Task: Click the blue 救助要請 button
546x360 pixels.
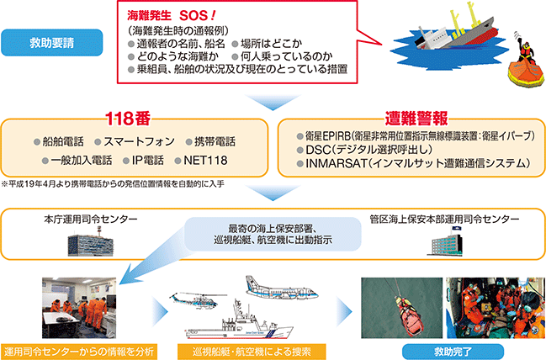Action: (52, 42)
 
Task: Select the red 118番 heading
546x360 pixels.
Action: (128, 119)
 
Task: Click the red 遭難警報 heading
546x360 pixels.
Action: (416, 119)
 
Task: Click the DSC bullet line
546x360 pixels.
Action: (364, 150)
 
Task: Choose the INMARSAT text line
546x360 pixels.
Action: (414, 163)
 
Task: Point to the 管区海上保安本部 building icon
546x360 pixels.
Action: (445, 241)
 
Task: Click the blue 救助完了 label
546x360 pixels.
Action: (453, 352)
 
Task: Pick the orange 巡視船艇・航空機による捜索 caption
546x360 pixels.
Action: (252, 352)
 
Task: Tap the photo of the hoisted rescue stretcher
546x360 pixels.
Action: (402, 308)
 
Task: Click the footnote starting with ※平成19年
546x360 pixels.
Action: (113, 184)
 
